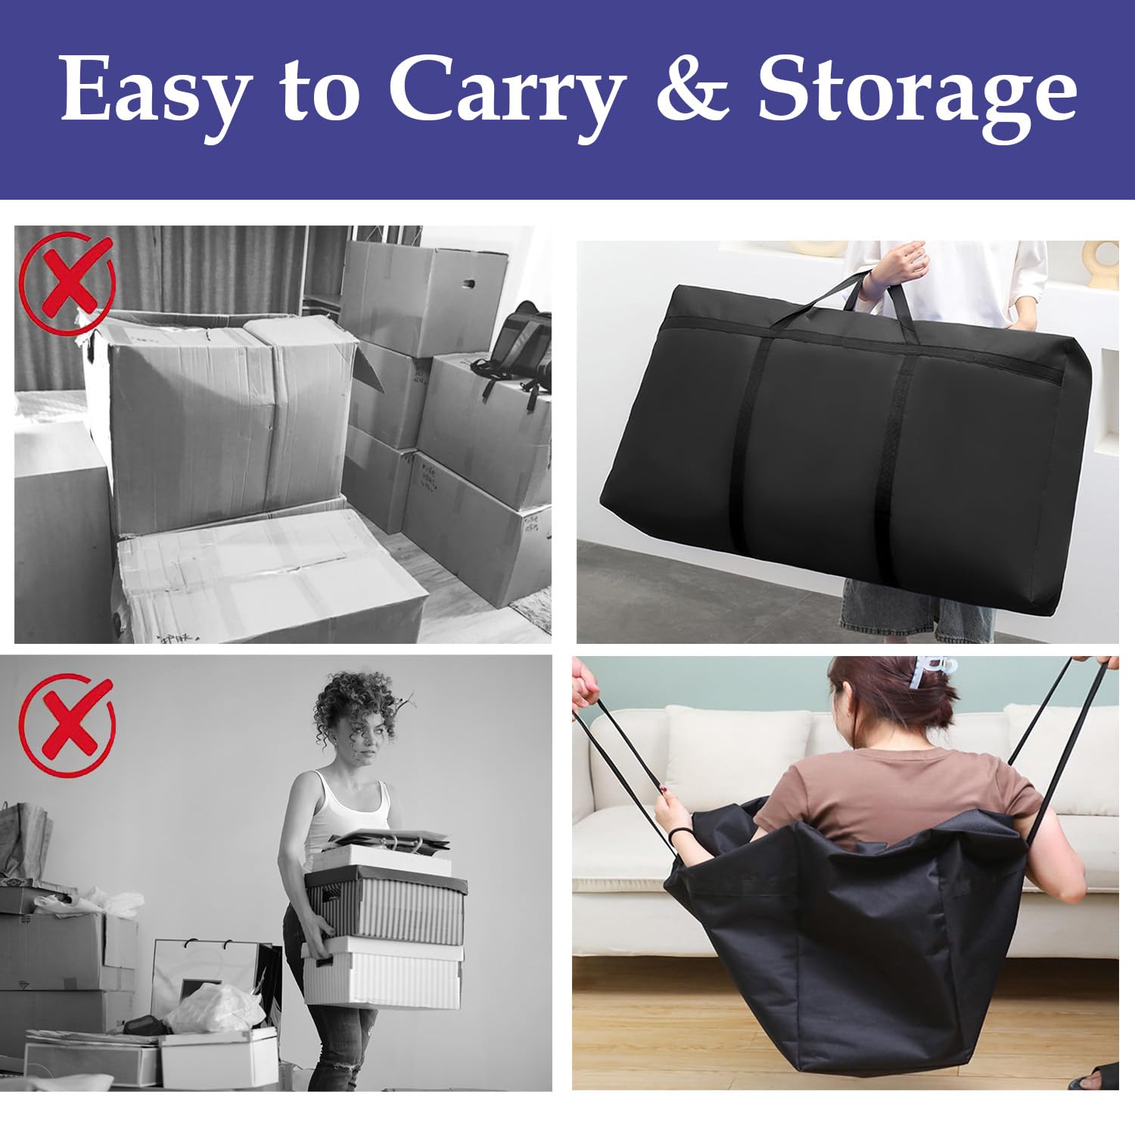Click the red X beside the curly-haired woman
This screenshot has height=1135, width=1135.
tap(67, 722)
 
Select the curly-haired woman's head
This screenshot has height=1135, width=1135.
tap(356, 719)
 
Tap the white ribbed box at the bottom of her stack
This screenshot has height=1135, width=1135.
tap(383, 975)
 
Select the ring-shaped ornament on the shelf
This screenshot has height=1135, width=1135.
tap(1100, 264)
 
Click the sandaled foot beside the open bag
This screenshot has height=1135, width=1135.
tap(1094, 1075)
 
